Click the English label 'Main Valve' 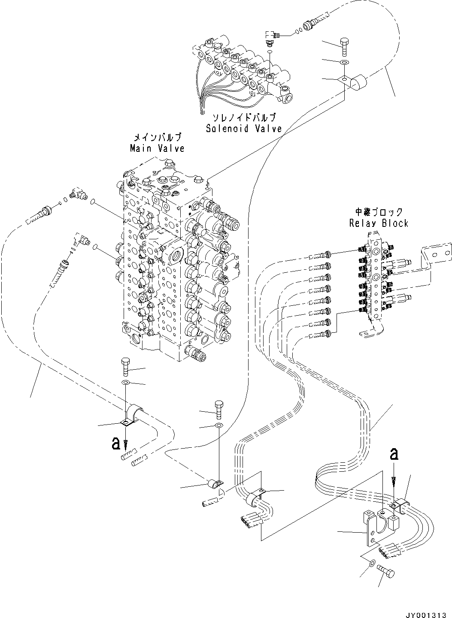[x=157, y=148]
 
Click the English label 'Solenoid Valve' [x=244, y=128]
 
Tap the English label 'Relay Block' [x=379, y=223]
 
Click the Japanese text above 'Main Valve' [x=158, y=138]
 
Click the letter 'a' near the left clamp [x=115, y=443]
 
